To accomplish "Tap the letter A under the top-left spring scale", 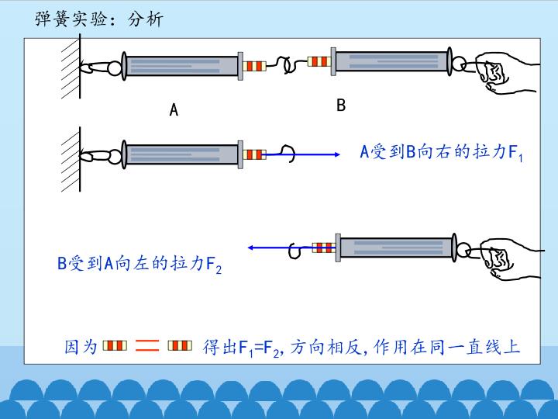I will pyautogui.click(x=174, y=110).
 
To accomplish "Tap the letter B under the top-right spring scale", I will pyautogui.click(x=340, y=106).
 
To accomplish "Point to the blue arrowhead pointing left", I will pyautogui.click(x=252, y=248).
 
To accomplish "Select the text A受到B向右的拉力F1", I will pyautogui.click(x=442, y=153).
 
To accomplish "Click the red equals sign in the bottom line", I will pyautogui.click(x=147, y=346).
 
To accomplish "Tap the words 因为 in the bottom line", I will pyautogui.click(x=81, y=346).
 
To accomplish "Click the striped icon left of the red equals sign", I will pyautogui.click(x=115, y=345).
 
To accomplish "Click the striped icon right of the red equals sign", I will pyautogui.click(x=179, y=345).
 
